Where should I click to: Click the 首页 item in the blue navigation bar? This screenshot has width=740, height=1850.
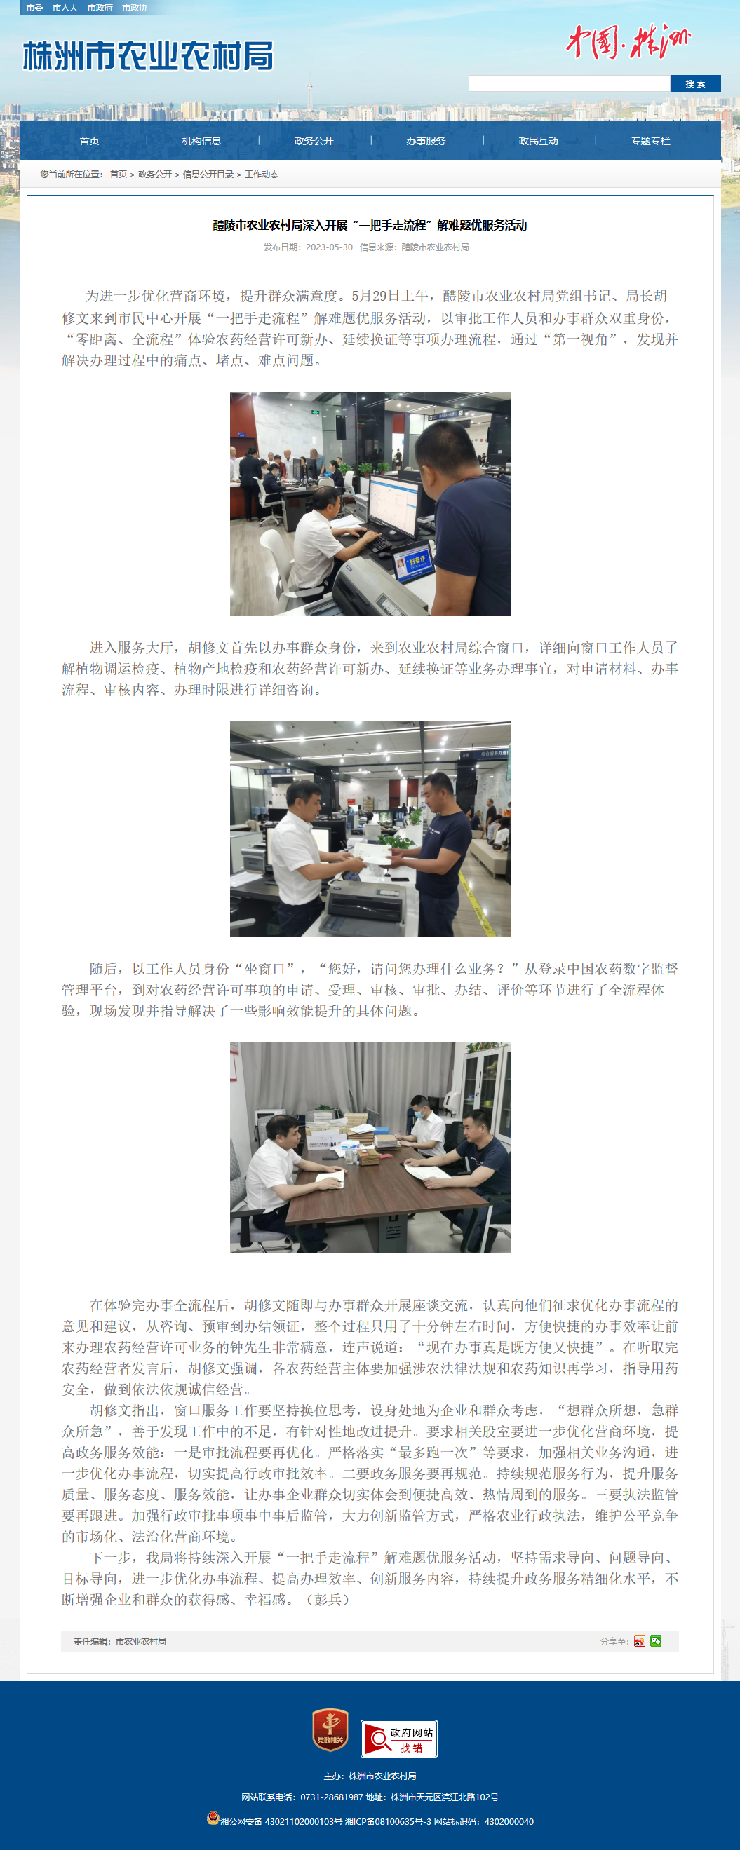[89, 141]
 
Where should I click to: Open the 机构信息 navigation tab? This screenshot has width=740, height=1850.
[201, 141]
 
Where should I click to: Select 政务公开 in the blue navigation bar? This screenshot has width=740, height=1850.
[314, 141]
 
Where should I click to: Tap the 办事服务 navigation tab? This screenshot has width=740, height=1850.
[425, 141]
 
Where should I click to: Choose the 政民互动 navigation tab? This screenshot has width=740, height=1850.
[538, 141]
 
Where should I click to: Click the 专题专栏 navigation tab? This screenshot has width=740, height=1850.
[650, 141]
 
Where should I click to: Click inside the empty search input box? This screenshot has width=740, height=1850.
[569, 83]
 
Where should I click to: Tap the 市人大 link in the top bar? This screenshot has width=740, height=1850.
[65, 7]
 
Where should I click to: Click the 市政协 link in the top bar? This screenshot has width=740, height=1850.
[135, 7]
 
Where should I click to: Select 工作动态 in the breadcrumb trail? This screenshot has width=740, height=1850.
[262, 174]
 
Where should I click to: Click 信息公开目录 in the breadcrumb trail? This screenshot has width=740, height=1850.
[208, 174]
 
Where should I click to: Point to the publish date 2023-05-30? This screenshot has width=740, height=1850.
[329, 247]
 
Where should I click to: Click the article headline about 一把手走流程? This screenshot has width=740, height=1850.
[370, 226]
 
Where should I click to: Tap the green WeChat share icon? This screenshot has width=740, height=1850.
[656, 1641]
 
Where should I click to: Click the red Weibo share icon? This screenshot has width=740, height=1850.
[640, 1641]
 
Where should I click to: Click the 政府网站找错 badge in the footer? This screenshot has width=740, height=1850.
[398, 1739]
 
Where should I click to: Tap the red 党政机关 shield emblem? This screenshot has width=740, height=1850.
[330, 1729]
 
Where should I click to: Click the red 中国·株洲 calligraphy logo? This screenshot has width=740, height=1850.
[628, 41]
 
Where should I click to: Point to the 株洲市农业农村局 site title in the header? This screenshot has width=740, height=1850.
[148, 56]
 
